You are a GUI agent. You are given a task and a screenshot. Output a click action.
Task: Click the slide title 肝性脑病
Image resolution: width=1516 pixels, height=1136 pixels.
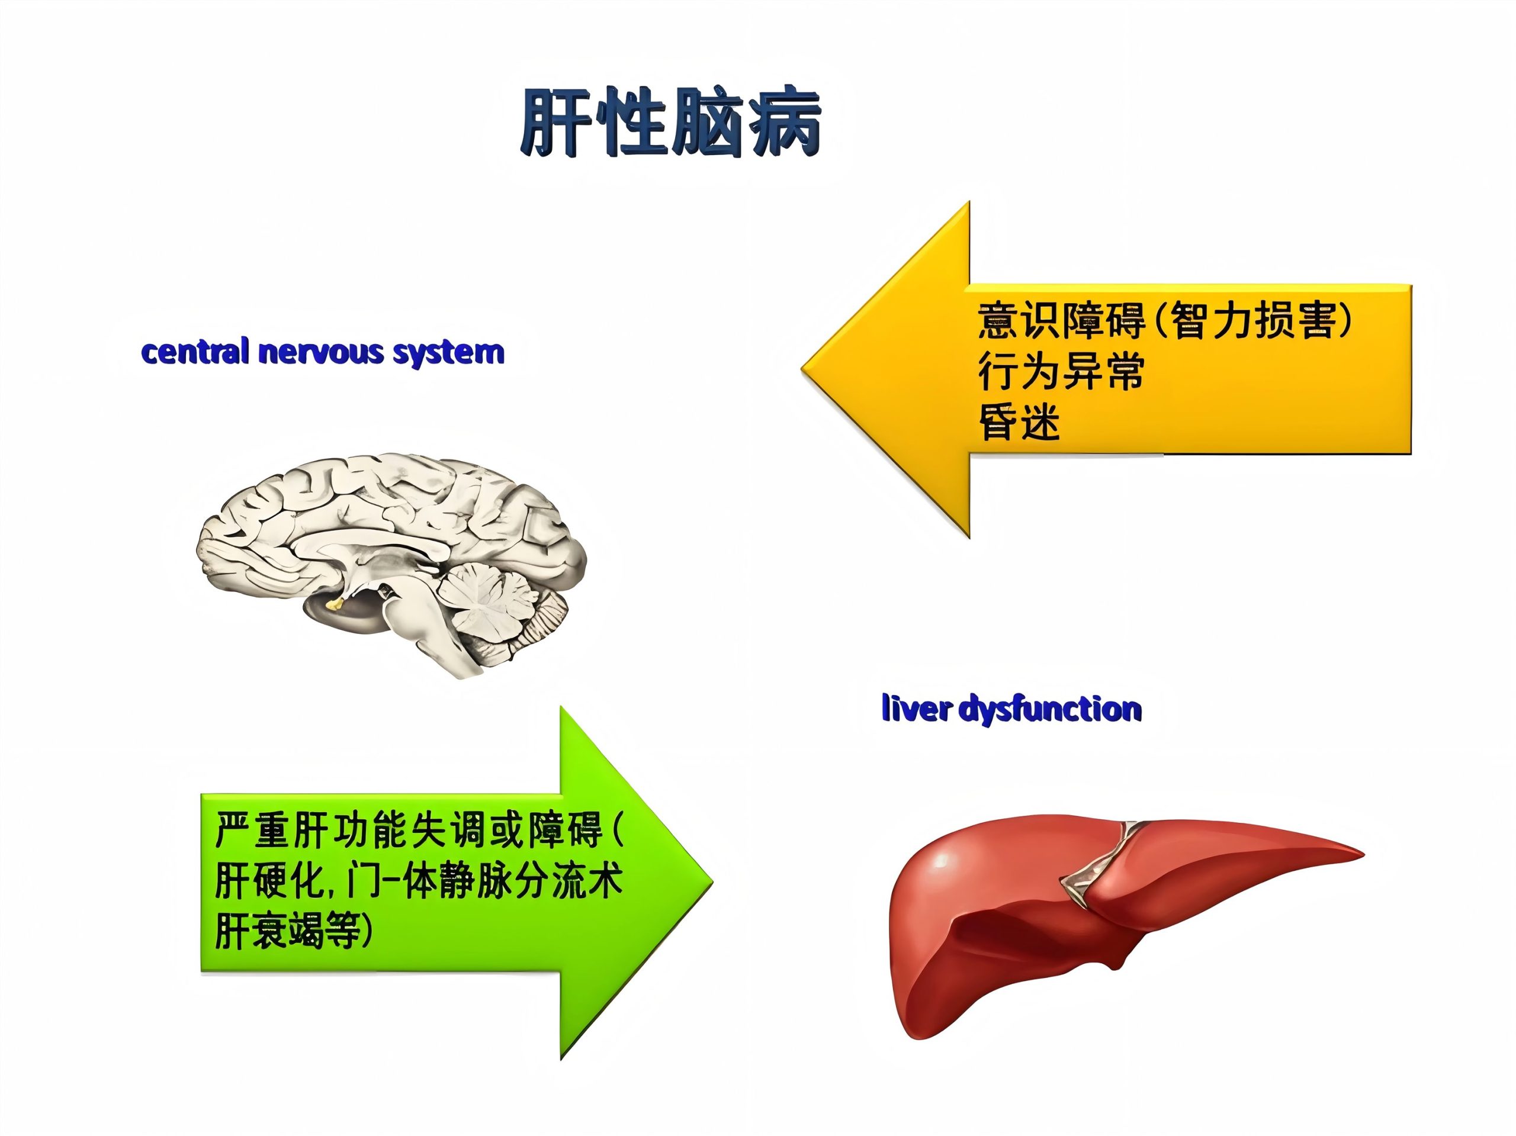(671, 121)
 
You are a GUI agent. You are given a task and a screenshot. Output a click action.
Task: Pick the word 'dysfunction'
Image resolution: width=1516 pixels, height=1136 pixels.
(1050, 709)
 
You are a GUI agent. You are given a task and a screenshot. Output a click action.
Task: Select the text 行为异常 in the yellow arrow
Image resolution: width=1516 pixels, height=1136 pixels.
(1061, 371)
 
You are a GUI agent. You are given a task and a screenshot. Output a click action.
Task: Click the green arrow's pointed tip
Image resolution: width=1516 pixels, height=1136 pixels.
(712, 883)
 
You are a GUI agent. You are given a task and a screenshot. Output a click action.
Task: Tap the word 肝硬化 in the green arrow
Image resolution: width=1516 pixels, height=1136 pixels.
(269, 880)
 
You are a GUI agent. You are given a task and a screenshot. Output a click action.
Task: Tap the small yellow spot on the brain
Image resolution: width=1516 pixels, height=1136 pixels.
(336, 604)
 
